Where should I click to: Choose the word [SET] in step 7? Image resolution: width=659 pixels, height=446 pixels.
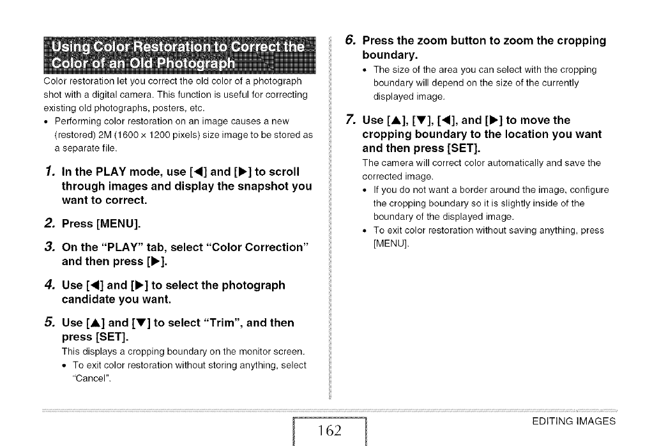coord(448,148)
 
